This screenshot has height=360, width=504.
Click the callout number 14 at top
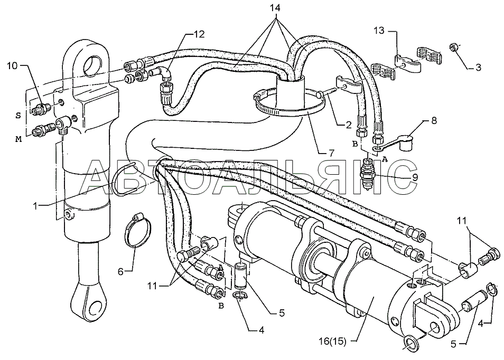click(275, 7)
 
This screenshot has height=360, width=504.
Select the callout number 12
click(199, 34)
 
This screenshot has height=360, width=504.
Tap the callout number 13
click(379, 31)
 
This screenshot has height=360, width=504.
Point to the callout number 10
click(13, 66)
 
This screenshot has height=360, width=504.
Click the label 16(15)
click(333, 342)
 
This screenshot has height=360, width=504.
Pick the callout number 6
click(120, 272)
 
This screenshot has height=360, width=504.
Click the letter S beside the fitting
click(18, 116)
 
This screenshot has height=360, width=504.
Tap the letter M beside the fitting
click(18, 139)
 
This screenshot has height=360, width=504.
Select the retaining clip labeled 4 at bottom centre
click(238, 297)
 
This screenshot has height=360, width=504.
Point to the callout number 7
click(331, 153)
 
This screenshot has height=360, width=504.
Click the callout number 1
click(36, 206)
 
